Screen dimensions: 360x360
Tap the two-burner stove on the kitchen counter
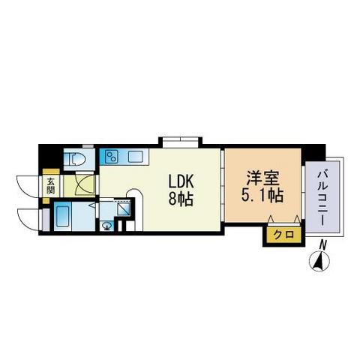tap(110, 157)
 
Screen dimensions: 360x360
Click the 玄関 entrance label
tap(51, 185)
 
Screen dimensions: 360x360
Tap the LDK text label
tap(181, 181)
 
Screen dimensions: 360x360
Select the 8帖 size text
tap(181, 200)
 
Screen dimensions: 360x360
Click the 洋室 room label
tap(263, 180)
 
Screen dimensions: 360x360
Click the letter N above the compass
tap(322, 244)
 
